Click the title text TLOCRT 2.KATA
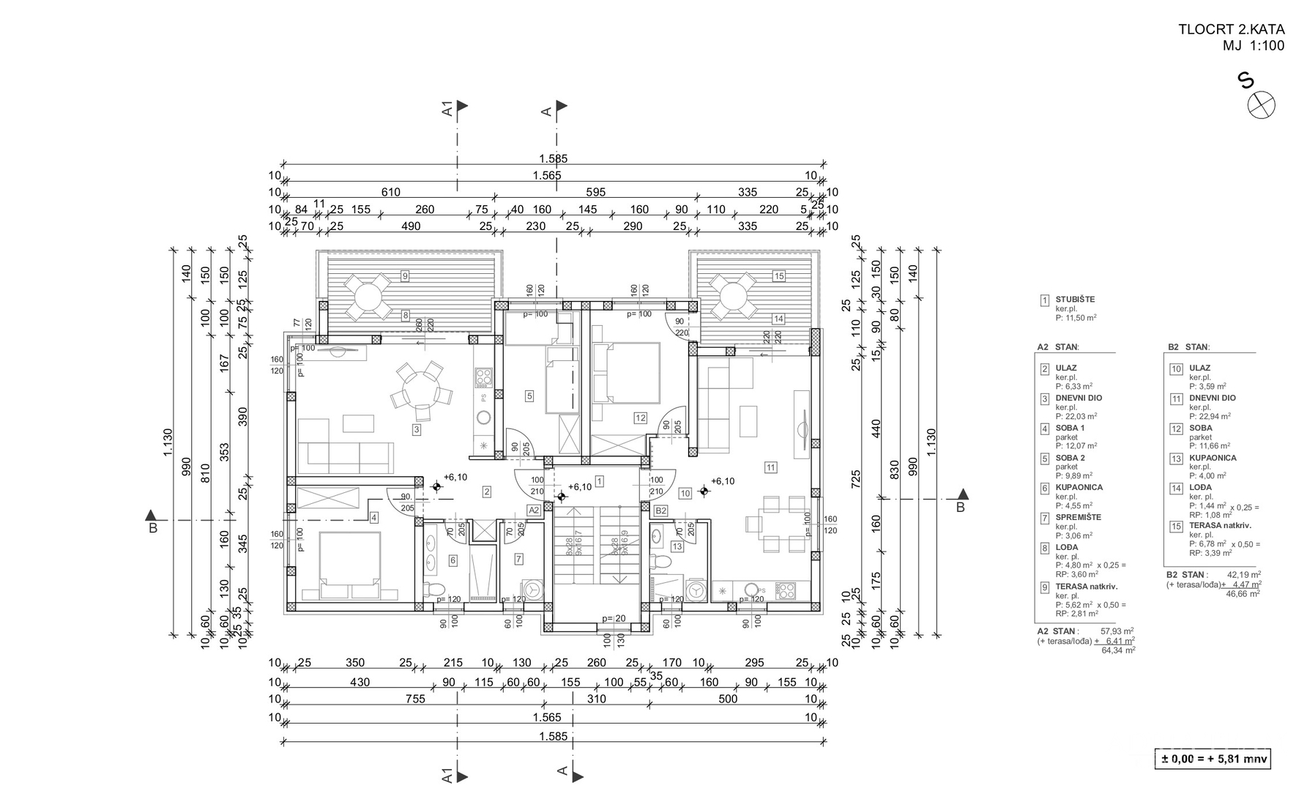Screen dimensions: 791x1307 point(1231,30)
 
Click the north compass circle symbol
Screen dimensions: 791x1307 point(1261,105)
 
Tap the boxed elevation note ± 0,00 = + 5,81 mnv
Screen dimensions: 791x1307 point(1212,759)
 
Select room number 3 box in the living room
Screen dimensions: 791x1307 point(417,430)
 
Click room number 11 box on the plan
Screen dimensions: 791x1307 point(771,467)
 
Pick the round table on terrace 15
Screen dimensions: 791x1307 point(731,296)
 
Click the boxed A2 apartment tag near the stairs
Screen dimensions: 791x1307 point(534,510)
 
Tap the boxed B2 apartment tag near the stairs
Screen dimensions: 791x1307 point(660,510)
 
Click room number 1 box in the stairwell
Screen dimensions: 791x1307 point(600,481)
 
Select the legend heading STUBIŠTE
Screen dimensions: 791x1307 point(1075,300)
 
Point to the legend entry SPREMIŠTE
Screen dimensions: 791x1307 point(1078,517)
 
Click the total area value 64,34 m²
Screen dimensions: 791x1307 point(1118,650)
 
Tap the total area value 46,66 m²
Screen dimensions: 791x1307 point(1243,594)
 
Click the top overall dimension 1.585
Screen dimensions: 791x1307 point(553,158)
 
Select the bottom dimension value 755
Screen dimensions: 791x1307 point(415,699)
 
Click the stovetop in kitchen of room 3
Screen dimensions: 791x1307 point(484,377)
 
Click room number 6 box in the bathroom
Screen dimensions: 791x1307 point(453,560)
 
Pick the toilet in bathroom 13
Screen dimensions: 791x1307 point(663,562)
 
